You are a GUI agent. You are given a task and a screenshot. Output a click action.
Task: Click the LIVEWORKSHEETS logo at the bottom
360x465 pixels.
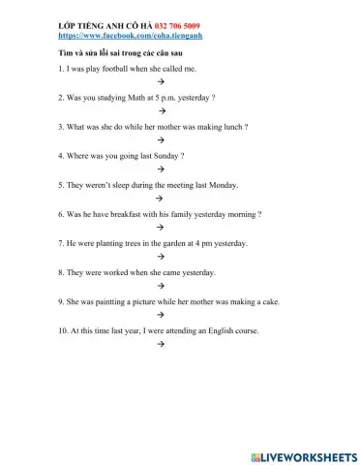303,454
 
